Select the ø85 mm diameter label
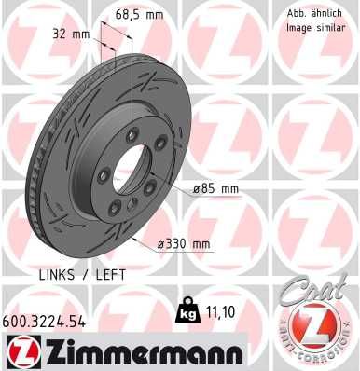pos(216,189)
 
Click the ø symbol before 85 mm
pos(198,189)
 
